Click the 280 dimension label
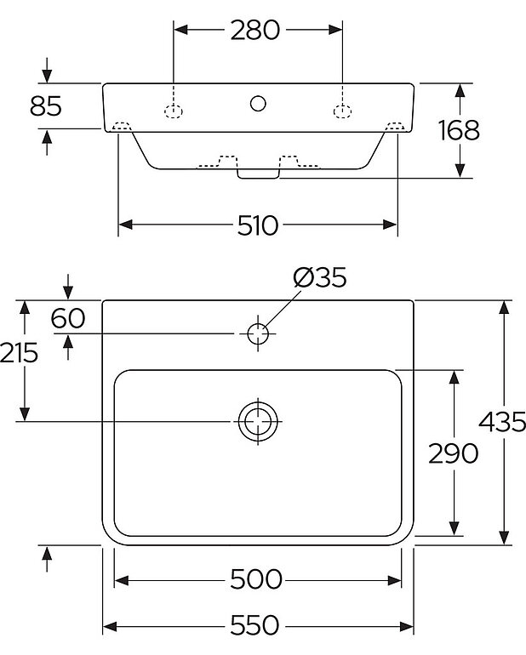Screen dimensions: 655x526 pos(255,30)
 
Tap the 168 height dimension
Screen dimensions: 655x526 pos(459,130)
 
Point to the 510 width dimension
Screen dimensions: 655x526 pos(257,225)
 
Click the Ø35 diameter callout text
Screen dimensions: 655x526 pos(319,277)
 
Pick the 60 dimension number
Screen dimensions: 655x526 pos(68,318)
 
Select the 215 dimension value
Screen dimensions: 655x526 pos(19,352)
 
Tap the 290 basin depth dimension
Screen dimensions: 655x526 pos(454,453)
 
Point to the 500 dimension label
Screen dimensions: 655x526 pos(256,580)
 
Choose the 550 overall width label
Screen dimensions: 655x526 pos(256,626)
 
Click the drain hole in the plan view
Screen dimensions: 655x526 pos(258,421)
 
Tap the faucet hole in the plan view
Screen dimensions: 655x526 pos(258,333)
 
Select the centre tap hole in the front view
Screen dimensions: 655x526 pos(258,105)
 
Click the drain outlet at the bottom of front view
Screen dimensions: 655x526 pos(258,174)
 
